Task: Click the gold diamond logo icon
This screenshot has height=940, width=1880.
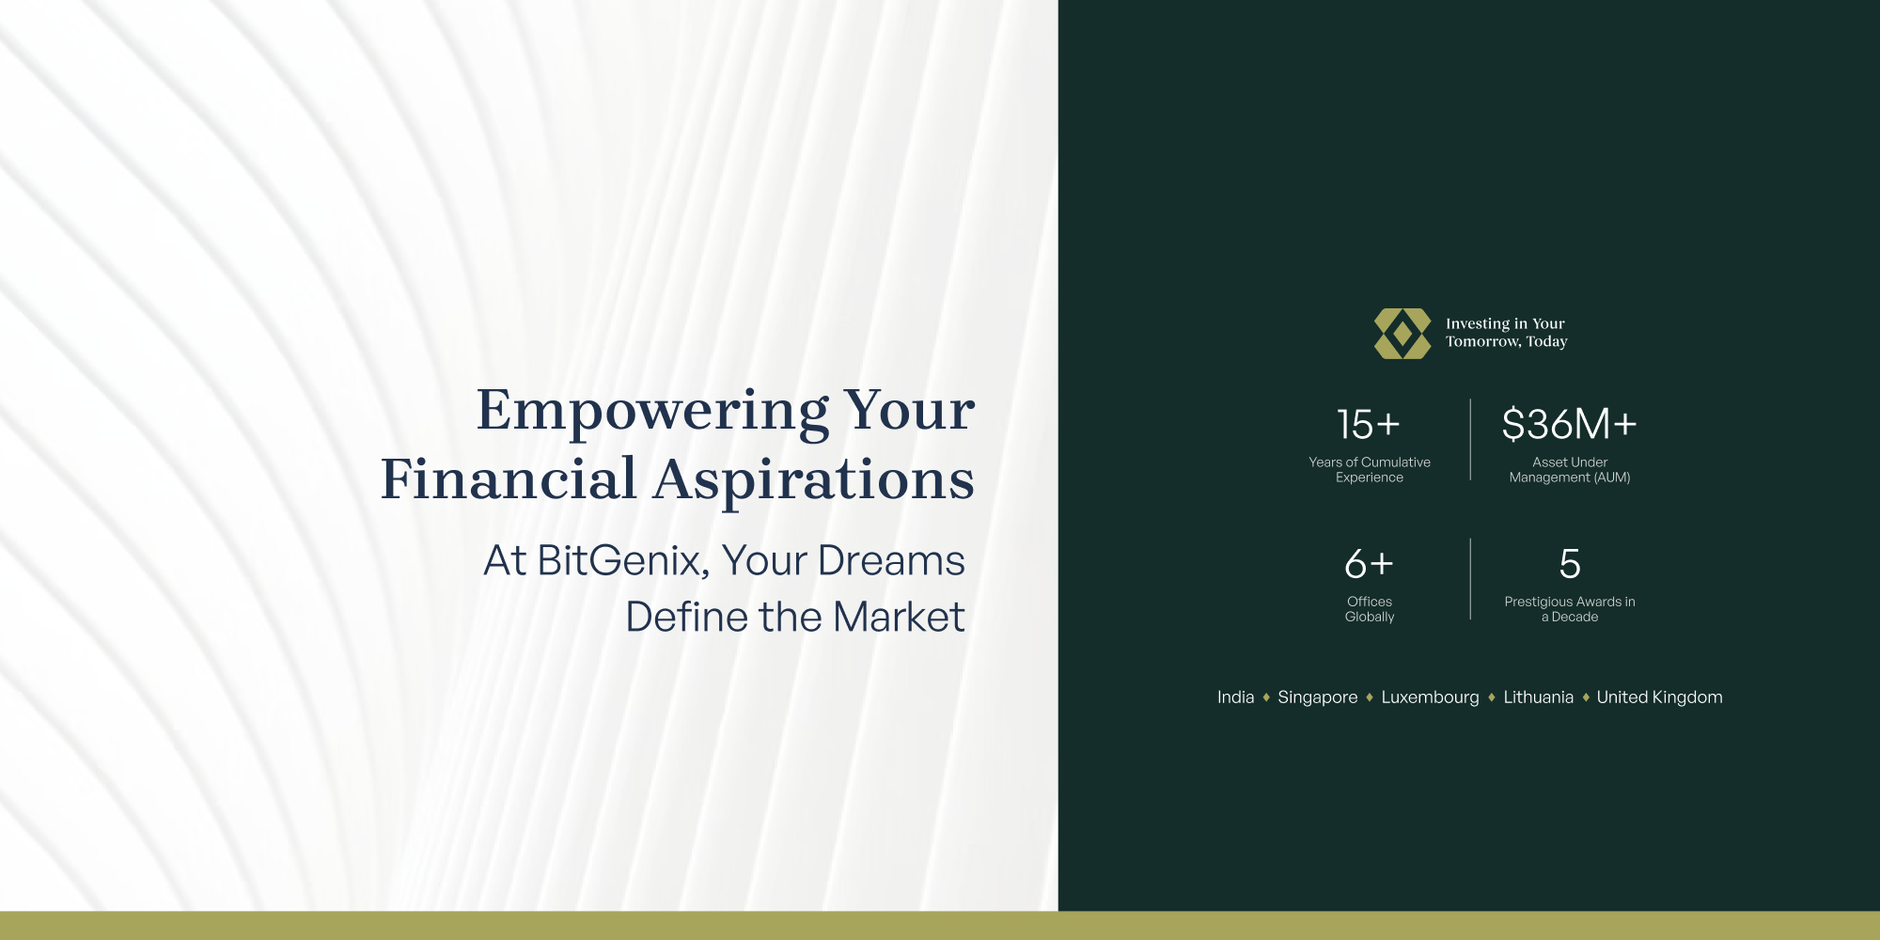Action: pyautogui.click(x=1402, y=334)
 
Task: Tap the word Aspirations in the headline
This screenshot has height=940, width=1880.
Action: pyautogui.click(x=814, y=479)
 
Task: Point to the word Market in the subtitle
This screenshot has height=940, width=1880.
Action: pyautogui.click(x=899, y=618)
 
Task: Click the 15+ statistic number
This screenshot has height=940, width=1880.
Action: pyautogui.click(x=1369, y=425)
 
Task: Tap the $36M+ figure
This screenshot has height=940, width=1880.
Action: pyautogui.click(x=1570, y=424)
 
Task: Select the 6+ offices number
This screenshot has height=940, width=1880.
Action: pyautogui.click(x=1369, y=564)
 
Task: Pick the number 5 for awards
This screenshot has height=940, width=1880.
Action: pyautogui.click(x=1570, y=564)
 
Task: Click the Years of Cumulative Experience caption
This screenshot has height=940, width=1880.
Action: pyautogui.click(x=1370, y=470)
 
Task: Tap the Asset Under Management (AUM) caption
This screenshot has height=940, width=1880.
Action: pyautogui.click(x=1570, y=470)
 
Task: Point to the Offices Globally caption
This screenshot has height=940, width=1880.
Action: pyautogui.click(x=1370, y=609)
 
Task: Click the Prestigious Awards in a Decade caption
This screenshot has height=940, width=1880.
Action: pyautogui.click(x=1570, y=609)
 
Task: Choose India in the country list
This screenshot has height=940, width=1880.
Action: pyautogui.click(x=1235, y=697)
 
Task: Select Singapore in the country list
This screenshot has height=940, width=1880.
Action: pyautogui.click(x=1317, y=697)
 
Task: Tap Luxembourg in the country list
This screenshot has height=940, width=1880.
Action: pyautogui.click(x=1430, y=697)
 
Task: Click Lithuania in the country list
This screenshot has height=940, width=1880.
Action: pyautogui.click(x=1538, y=697)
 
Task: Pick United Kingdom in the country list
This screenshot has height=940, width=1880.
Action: pyautogui.click(x=1659, y=697)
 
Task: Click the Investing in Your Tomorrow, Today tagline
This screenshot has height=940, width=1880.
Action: pyautogui.click(x=1507, y=333)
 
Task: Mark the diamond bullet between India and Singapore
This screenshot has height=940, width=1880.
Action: pyautogui.click(x=1266, y=697)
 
